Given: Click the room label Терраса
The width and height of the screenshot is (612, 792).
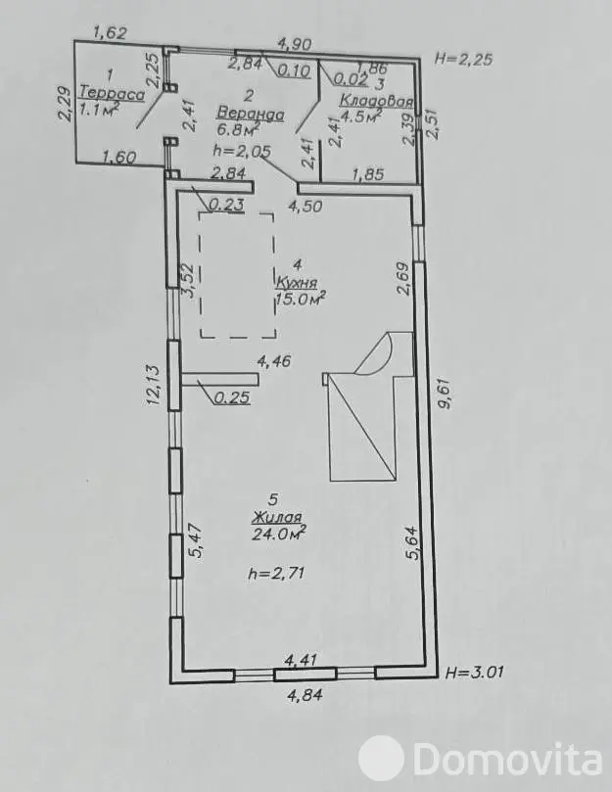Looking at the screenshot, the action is pyautogui.click(x=113, y=93).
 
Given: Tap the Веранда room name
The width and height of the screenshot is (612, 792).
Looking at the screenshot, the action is pyautogui.click(x=250, y=114).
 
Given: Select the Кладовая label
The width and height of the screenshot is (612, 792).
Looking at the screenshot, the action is pyautogui.click(x=376, y=100).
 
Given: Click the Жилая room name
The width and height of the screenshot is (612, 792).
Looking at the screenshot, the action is pyautogui.click(x=277, y=517).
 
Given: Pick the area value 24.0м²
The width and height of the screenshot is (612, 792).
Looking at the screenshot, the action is pyautogui.click(x=279, y=534).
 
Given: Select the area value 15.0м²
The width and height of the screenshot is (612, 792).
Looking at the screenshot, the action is pyautogui.click(x=300, y=298).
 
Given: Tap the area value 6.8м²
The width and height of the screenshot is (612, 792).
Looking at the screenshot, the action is pyautogui.click(x=238, y=130).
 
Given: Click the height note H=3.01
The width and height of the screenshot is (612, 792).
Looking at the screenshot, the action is pyautogui.click(x=475, y=673).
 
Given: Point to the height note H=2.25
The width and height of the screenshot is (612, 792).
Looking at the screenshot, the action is pyautogui.click(x=463, y=59).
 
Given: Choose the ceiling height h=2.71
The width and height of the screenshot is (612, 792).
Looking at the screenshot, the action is pyautogui.click(x=276, y=573).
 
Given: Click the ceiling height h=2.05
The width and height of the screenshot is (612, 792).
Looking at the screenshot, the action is pyautogui.click(x=242, y=151).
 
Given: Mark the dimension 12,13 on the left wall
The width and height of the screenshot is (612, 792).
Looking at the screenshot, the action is pyautogui.click(x=154, y=385).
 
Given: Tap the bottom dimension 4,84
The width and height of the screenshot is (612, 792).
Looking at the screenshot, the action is pyautogui.click(x=305, y=695).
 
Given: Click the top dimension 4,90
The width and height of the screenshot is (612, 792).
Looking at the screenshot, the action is pyautogui.click(x=295, y=44).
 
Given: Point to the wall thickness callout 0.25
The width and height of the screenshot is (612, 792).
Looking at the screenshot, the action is pyautogui.click(x=232, y=397).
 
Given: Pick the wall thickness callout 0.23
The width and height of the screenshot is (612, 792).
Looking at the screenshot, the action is pyautogui.click(x=227, y=205).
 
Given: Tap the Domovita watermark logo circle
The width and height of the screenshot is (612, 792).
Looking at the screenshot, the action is pyautogui.click(x=381, y=759).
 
